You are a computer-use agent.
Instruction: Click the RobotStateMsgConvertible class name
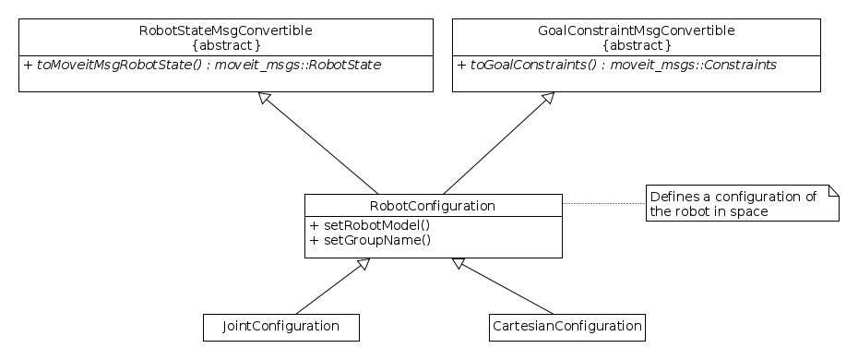pyautogui.click(x=226, y=30)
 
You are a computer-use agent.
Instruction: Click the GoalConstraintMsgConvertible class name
pyautogui.click(x=636, y=30)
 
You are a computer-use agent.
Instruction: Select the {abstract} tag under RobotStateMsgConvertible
pyautogui.click(x=226, y=44)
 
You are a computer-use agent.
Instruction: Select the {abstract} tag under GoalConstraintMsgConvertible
pyautogui.click(x=636, y=44)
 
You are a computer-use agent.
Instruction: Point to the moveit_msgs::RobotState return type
pyautogui.click(x=298, y=66)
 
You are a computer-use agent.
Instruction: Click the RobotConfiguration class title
pyautogui.click(x=433, y=205)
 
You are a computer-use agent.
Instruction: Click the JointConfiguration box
pyautogui.click(x=280, y=327)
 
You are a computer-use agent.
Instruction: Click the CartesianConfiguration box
pyautogui.click(x=566, y=327)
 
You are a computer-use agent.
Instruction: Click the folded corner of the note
pyautogui.click(x=833, y=190)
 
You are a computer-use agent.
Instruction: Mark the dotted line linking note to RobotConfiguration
pyautogui.click(x=603, y=203)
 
